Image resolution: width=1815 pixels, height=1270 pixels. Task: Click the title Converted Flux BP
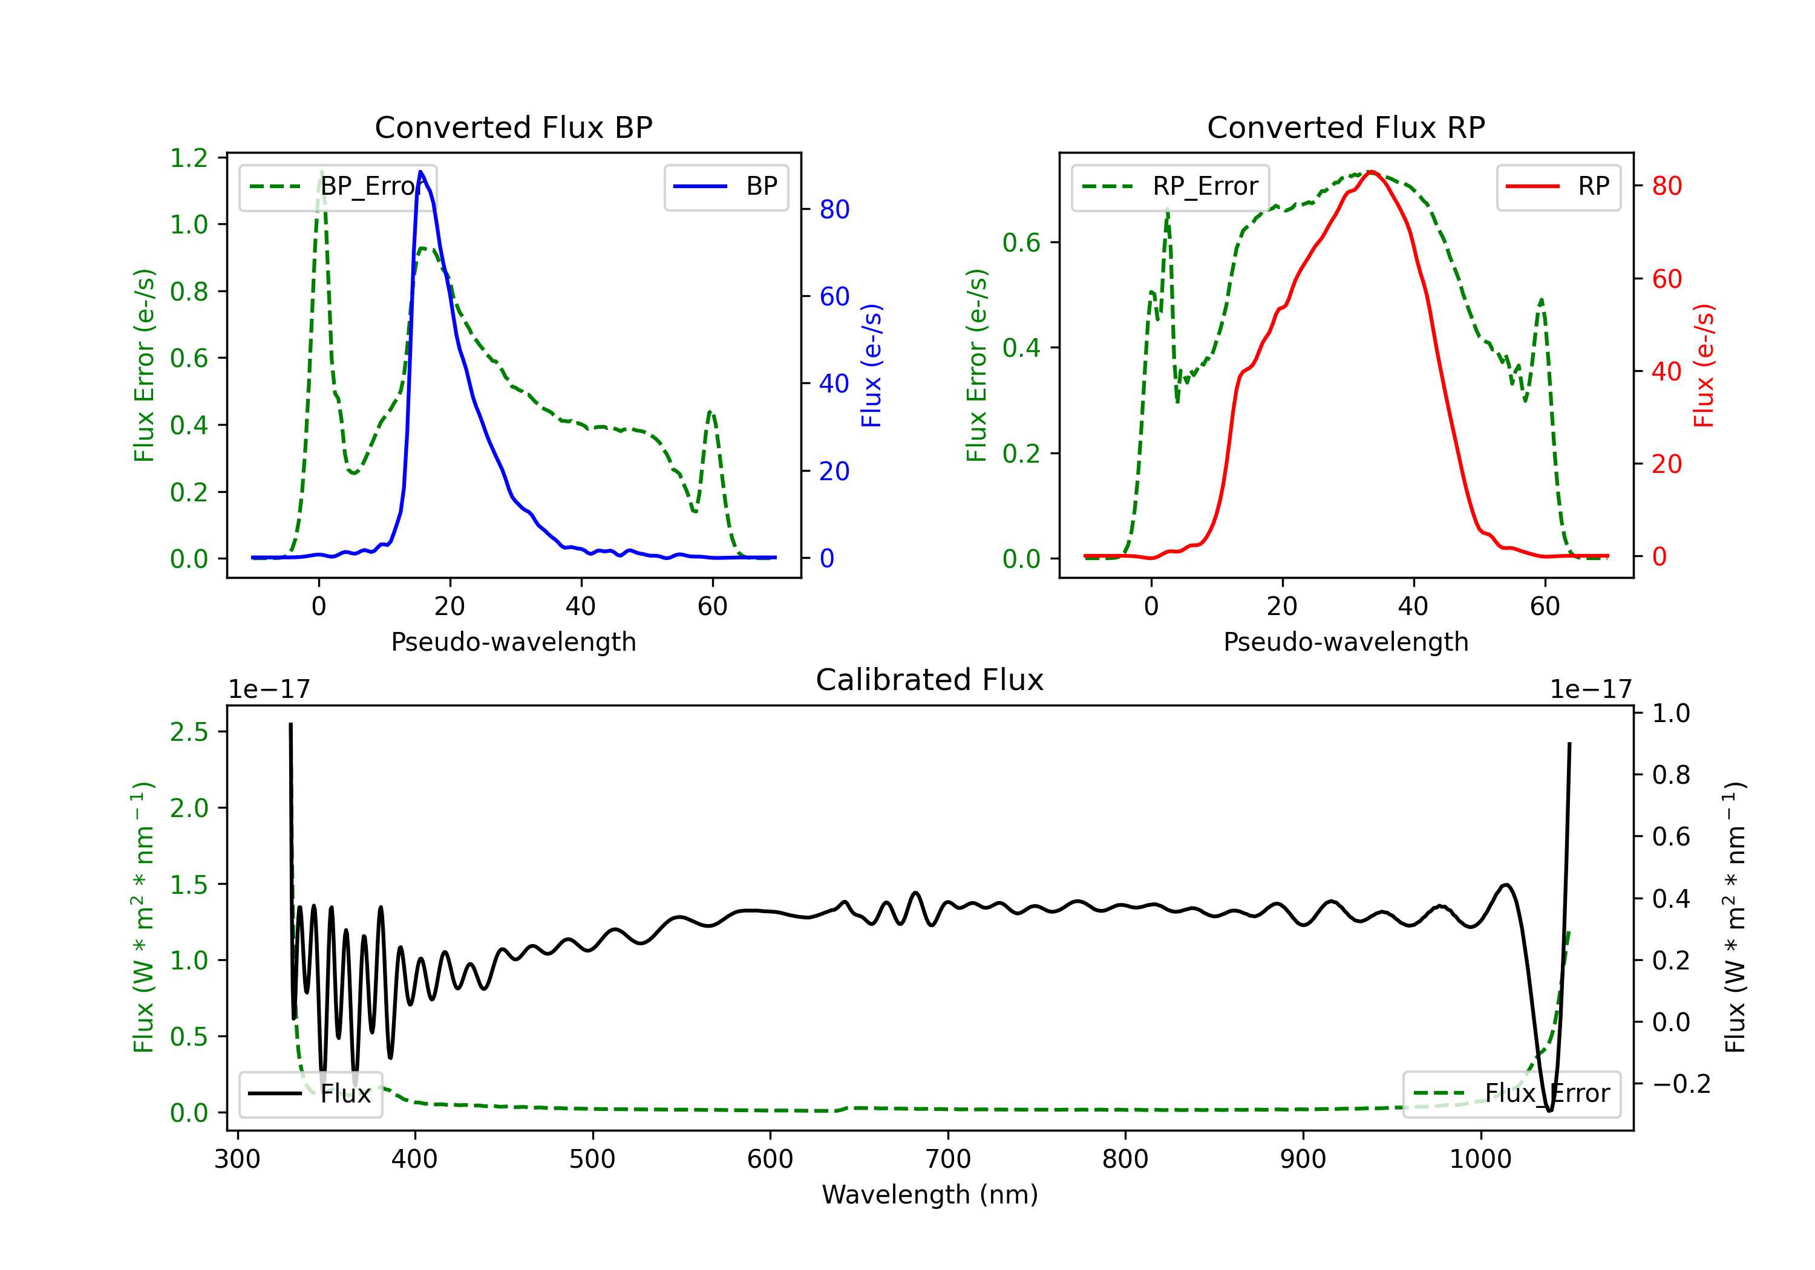point(513,127)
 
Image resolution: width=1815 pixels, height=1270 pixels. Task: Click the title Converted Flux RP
point(1346,127)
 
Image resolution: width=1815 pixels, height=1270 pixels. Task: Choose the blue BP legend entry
point(725,186)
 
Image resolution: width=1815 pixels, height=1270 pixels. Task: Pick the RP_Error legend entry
point(1170,186)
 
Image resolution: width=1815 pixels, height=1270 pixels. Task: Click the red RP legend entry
point(1558,186)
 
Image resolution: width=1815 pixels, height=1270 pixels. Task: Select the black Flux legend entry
point(310,1094)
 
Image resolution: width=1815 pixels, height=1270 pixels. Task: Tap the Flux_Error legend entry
point(1511,1094)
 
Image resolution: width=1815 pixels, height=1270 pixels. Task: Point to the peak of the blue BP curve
point(420,172)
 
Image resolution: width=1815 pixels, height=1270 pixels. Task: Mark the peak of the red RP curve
point(1372,172)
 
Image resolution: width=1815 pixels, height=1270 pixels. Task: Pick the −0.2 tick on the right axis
point(1681,1084)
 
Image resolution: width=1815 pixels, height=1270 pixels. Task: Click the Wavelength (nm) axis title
point(930,1195)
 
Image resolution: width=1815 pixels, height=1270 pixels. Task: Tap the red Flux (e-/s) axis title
point(1704,365)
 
